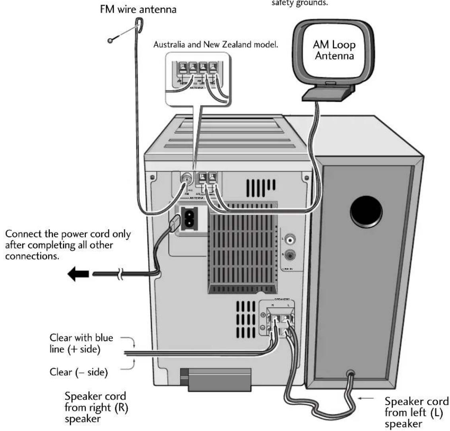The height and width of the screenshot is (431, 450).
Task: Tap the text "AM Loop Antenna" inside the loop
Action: (334, 50)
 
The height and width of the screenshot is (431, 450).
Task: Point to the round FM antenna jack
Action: (185, 178)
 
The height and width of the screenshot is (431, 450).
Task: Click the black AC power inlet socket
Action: (190, 218)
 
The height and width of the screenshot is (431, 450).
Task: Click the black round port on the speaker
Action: (366, 210)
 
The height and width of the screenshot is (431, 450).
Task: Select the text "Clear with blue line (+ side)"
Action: (81, 343)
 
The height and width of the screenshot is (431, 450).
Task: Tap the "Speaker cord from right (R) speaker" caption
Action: (96, 408)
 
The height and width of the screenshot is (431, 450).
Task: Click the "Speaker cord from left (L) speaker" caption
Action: (416, 412)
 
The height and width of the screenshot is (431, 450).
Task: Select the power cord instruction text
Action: (68, 245)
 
